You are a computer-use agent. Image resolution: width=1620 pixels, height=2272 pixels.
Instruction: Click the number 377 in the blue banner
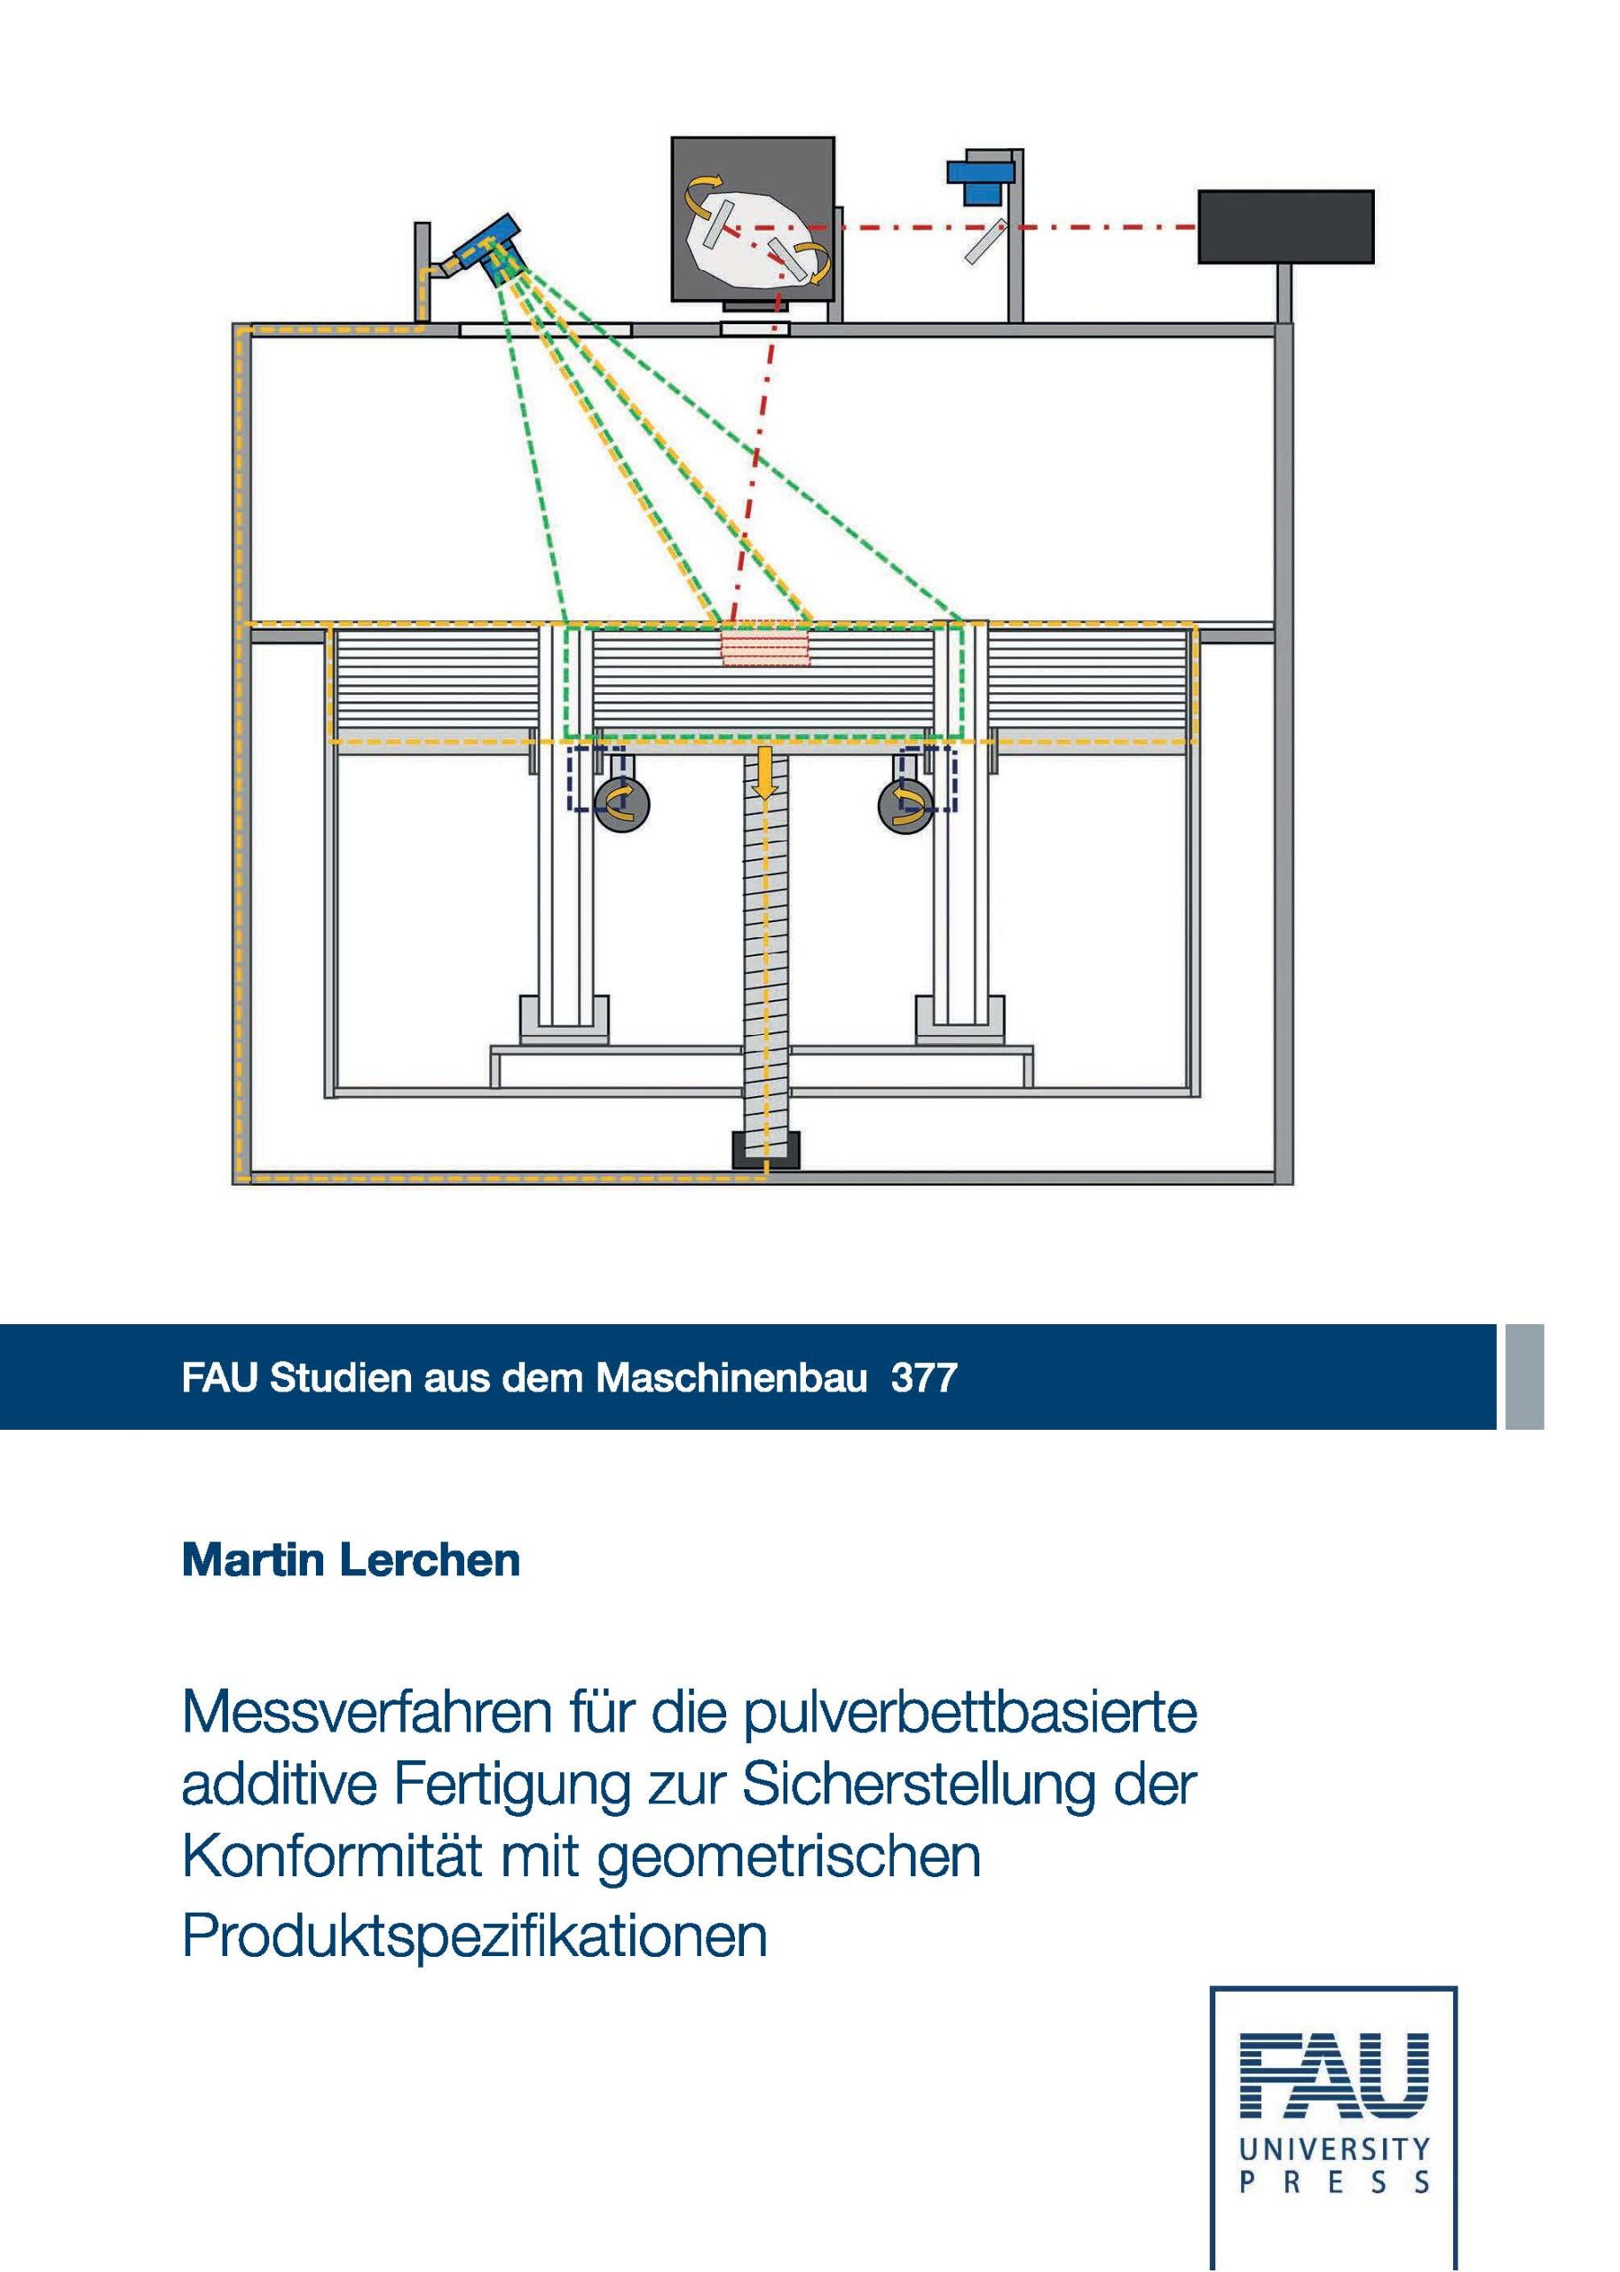(x=924, y=1377)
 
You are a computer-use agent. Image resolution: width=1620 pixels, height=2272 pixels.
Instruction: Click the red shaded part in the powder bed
(x=765, y=646)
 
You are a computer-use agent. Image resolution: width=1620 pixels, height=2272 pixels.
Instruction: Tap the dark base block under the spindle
(x=766, y=1149)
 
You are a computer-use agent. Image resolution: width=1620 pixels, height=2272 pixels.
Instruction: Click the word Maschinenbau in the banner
(x=732, y=1377)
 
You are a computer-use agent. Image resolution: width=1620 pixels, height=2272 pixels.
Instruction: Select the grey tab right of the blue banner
(x=1524, y=1377)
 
